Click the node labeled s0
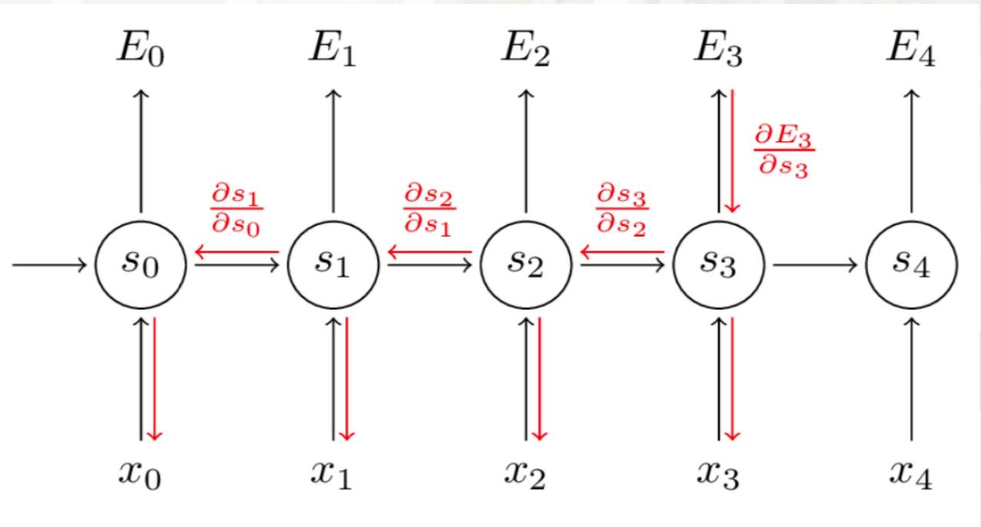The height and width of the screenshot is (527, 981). tap(141, 265)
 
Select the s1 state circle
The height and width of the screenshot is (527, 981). tap(334, 265)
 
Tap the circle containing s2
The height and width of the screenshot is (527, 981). tap(527, 265)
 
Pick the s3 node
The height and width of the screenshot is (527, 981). tap(720, 265)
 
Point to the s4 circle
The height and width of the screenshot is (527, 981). tap(913, 265)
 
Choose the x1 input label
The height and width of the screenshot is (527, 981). tap(334, 474)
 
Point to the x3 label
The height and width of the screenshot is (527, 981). tap(720, 474)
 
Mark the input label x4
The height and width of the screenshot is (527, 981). tap(913, 474)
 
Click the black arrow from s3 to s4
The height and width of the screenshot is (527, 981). tap(815, 265)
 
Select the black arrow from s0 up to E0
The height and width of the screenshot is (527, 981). tap(141, 150)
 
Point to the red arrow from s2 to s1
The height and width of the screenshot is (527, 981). tap(429, 251)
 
